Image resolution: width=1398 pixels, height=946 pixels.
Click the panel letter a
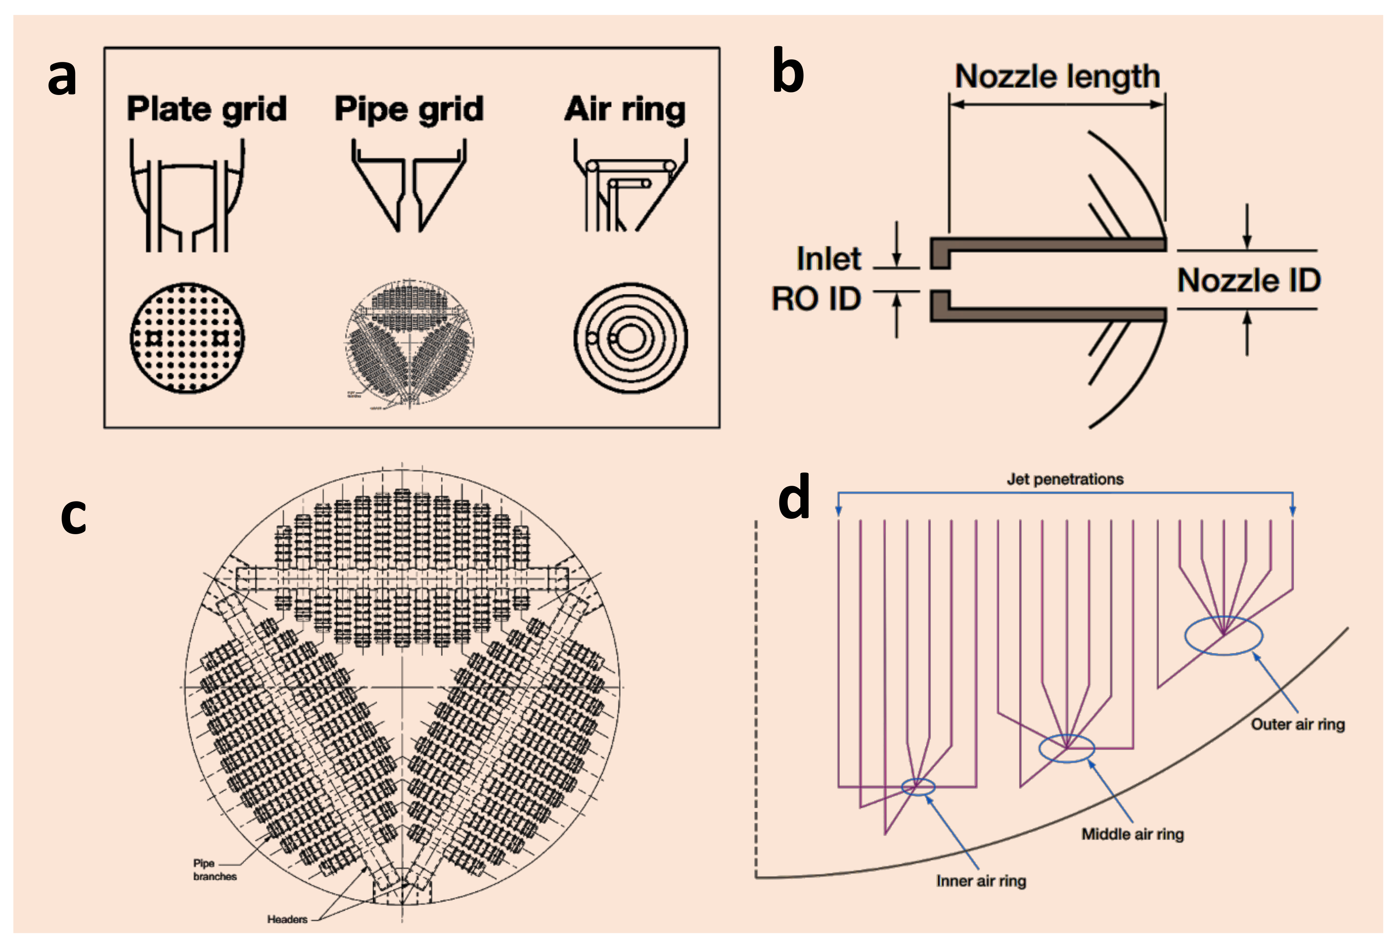tap(62, 78)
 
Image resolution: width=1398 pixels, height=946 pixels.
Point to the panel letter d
tap(794, 497)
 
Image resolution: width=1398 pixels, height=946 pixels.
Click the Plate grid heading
tap(206, 110)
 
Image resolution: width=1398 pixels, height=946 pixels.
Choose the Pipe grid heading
tap(409, 110)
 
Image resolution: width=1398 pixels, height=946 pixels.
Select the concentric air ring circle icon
tap(630, 338)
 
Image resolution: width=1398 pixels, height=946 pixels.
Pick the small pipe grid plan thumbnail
tap(409, 343)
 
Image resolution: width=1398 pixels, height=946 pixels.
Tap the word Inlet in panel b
tap(829, 259)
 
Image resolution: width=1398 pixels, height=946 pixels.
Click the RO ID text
tap(816, 299)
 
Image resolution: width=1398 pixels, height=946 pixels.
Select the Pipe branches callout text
tap(215, 870)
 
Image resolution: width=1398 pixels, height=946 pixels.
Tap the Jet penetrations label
tap(1065, 479)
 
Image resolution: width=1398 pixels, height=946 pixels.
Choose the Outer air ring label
tap(1297, 724)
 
